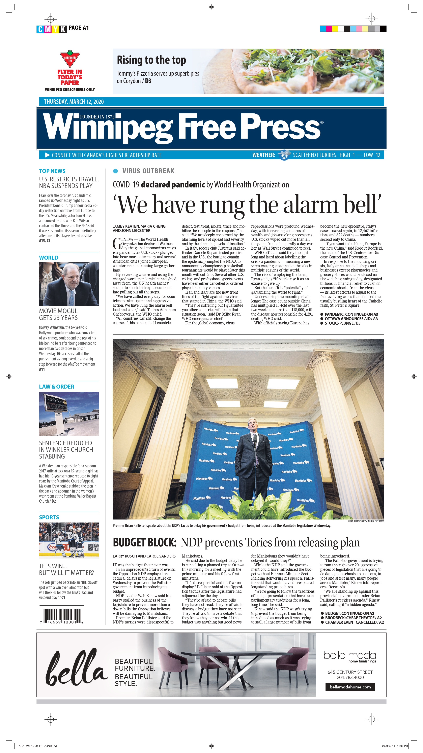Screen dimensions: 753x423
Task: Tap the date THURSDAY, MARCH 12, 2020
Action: point(74,102)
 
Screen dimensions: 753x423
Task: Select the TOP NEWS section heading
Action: point(52,171)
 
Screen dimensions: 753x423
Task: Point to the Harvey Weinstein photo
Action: point(69,284)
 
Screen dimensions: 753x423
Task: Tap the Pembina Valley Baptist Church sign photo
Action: point(69,414)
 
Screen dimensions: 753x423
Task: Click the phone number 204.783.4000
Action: point(350,677)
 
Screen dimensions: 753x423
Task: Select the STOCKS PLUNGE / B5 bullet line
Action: point(341,323)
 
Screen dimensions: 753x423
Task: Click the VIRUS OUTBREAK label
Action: point(148,171)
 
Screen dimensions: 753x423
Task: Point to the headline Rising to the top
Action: point(151,60)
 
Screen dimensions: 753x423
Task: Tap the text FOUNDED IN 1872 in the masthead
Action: point(97,117)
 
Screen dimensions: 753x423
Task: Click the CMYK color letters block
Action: point(52,29)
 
